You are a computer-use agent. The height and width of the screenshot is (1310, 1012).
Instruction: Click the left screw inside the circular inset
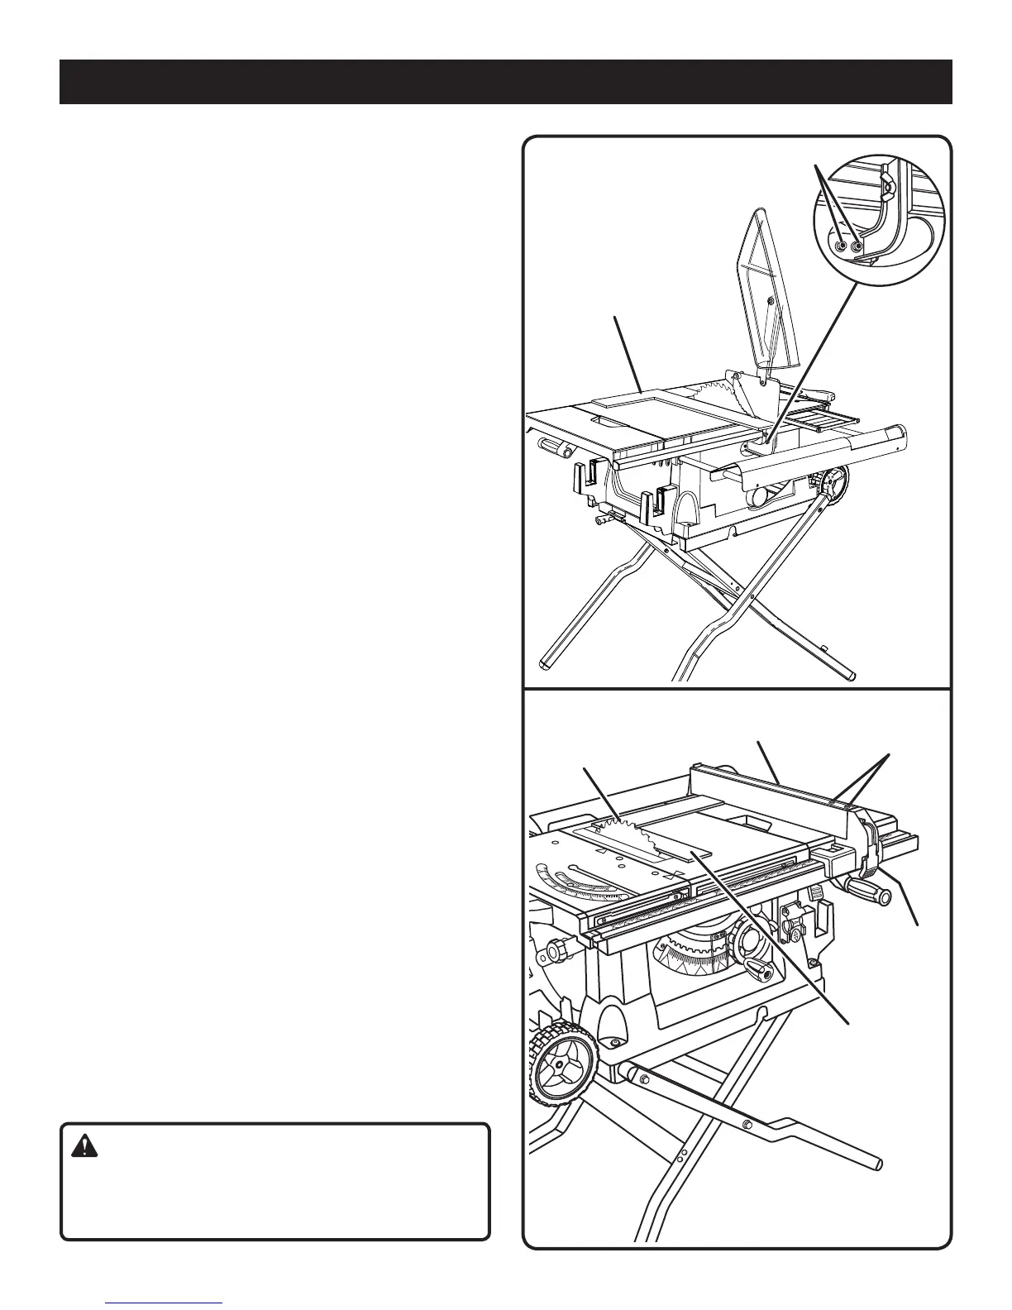click(841, 246)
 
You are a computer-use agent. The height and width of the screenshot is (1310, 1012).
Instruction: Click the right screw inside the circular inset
click(857, 246)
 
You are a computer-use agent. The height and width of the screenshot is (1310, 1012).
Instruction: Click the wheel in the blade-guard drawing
click(836, 482)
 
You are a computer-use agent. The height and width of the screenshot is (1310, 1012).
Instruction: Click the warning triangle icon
click(83, 1146)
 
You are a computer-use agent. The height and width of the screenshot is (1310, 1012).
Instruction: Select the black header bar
click(505, 82)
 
